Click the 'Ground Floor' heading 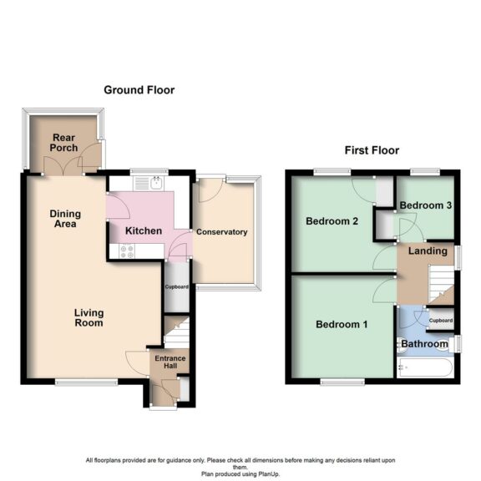point(139,90)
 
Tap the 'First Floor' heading point(372,151)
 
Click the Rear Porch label point(64,142)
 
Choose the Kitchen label point(143,230)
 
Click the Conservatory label point(221,232)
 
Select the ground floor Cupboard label point(175,287)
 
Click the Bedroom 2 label point(332,222)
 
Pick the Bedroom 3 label point(426,205)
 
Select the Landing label point(425,251)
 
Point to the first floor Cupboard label point(440,321)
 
